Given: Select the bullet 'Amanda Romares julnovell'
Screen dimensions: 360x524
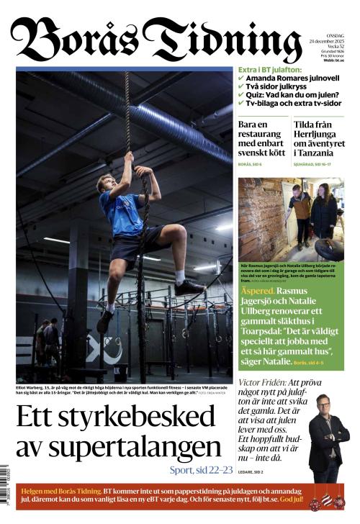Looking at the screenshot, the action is [292, 78].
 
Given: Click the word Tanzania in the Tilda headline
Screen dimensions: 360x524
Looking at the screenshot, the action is [316, 153].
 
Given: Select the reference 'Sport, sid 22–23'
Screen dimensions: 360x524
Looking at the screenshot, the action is [202, 470].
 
